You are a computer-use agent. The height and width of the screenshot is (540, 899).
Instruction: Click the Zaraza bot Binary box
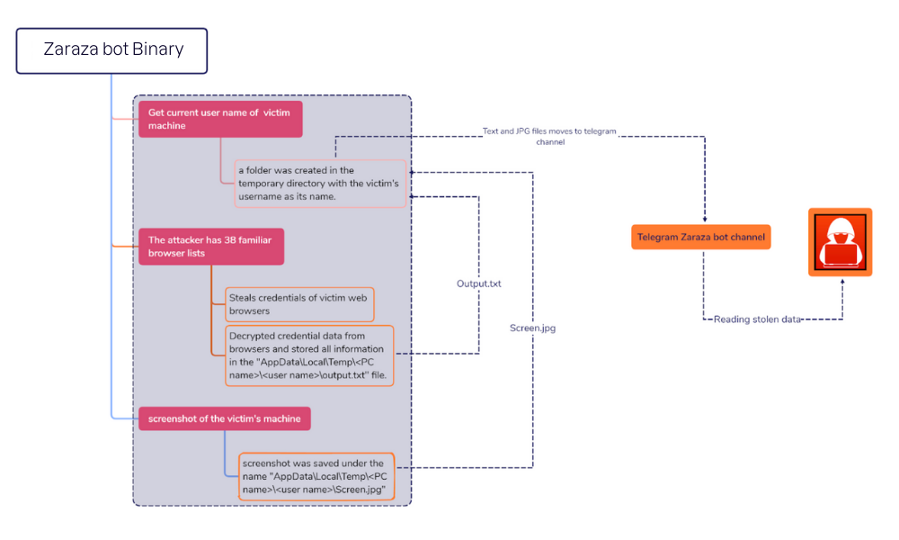point(111,50)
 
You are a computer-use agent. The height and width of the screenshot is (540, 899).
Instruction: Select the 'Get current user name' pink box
point(219,119)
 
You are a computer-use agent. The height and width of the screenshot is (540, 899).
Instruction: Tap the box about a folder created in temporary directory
point(320,183)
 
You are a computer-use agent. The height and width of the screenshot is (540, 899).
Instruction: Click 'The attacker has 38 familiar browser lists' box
point(210,246)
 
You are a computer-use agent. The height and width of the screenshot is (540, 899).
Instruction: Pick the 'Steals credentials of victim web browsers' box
point(298,304)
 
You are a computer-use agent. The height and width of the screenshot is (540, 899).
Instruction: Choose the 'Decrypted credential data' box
point(309,355)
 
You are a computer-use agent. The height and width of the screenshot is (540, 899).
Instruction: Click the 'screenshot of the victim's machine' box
point(225,418)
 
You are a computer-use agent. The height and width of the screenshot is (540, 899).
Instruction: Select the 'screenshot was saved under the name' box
point(316,477)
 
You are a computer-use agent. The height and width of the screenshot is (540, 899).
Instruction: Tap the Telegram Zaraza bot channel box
point(701,238)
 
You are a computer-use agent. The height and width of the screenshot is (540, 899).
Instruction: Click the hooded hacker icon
point(840,241)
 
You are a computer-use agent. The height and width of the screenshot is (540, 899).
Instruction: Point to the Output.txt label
point(478,283)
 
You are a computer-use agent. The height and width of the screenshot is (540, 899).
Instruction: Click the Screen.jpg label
point(532,328)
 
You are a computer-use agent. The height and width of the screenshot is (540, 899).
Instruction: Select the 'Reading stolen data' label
point(757,319)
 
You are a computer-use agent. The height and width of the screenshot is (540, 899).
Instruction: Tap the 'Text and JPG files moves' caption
point(549,136)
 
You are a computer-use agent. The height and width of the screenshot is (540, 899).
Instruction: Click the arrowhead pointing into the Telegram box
point(704,220)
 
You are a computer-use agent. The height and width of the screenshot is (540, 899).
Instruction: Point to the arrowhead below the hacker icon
point(842,280)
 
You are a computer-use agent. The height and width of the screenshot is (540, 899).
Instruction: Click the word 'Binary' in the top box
point(158,49)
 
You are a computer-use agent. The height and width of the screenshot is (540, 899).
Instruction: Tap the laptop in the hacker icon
point(840,256)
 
